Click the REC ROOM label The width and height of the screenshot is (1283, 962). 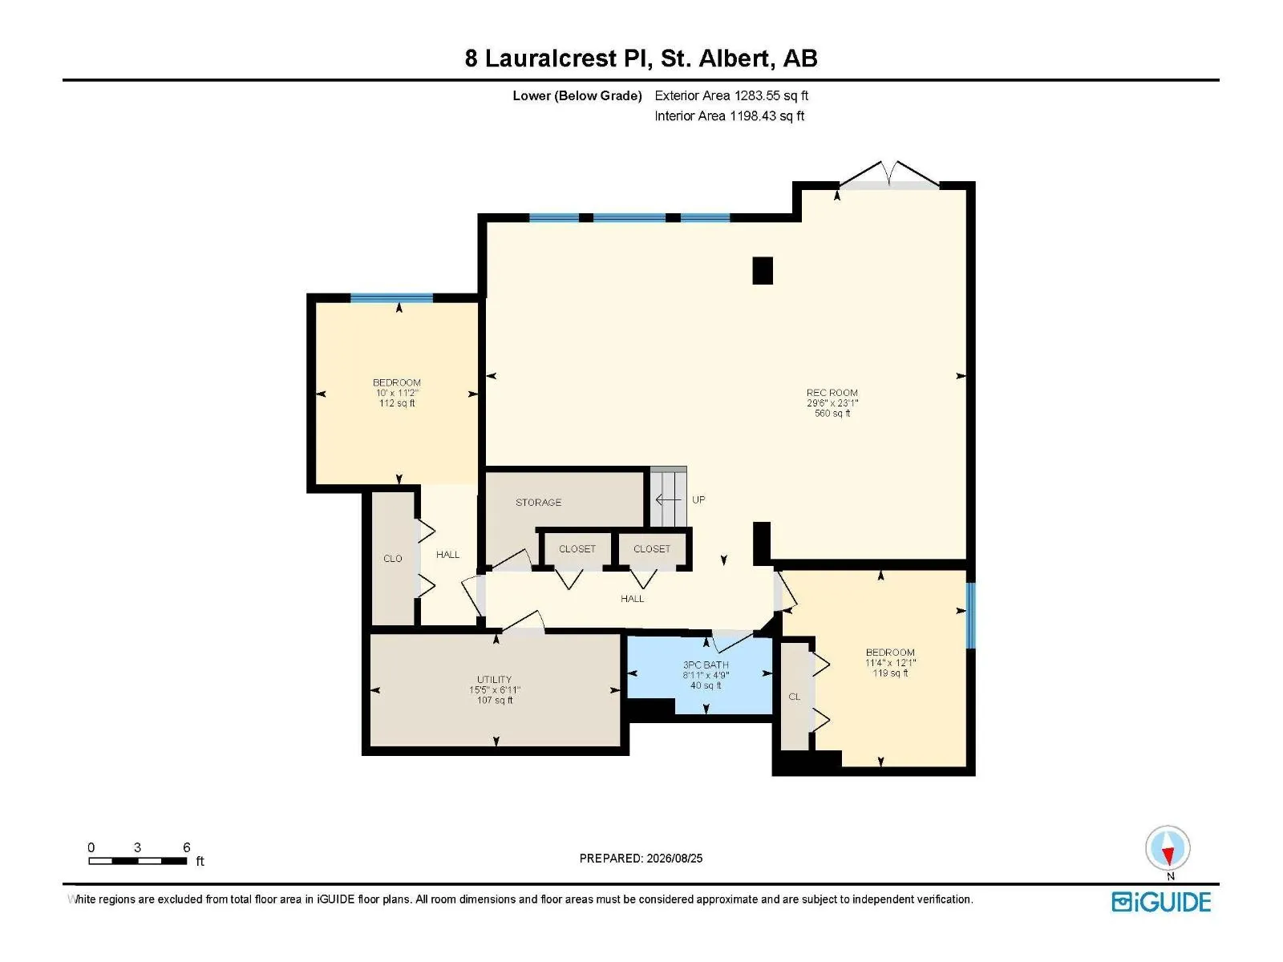pyautogui.click(x=832, y=393)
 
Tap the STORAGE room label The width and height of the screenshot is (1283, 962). pyautogui.click(x=538, y=503)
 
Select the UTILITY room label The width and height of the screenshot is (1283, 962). pyautogui.click(x=495, y=679)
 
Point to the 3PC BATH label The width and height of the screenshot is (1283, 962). pyautogui.click(x=706, y=665)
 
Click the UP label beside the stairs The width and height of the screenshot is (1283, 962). pyautogui.click(x=698, y=500)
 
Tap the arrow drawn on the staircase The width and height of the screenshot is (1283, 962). pyautogui.click(x=668, y=500)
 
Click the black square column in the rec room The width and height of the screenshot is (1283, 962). pyautogui.click(x=763, y=270)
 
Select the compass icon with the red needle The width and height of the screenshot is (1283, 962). pyautogui.click(x=1168, y=848)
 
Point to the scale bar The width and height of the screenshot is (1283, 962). pyautogui.click(x=138, y=861)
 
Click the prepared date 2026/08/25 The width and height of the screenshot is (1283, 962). pyautogui.click(x=674, y=858)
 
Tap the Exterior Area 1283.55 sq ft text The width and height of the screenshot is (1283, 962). pyautogui.click(x=731, y=95)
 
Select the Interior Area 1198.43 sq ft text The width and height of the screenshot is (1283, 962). pyautogui.click(x=729, y=116)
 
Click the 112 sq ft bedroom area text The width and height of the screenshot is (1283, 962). pyautogui.click(x=397, y=403)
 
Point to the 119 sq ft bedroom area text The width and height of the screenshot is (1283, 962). pyautogui.click(x=890, y=673)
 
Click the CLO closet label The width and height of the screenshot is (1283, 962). pyautogui.click(x=393, y=559)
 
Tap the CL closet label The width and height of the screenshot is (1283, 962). pyautogui.click(x=795, y=697)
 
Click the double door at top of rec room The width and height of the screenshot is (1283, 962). pyautogui.click(x=889, y=175)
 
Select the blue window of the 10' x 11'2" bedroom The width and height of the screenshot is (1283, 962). pyautogui.click(x=391, y=298)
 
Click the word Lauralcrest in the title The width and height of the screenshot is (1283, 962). pyautogui.click(x=551, y=59)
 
